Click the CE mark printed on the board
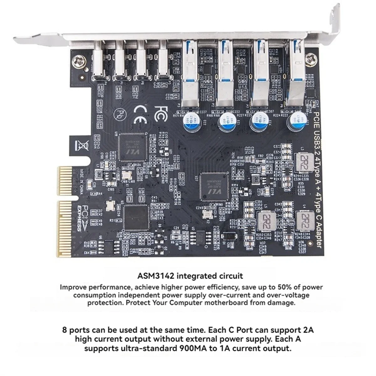pyautogui.click(x=139, y=115)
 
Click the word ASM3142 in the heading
pyautogui.click(x=155, y=276)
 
